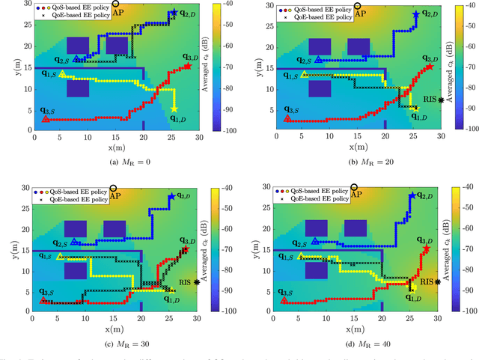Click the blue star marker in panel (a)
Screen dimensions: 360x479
(x=174, y=13)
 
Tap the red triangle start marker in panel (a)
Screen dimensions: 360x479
(x=46, y=118)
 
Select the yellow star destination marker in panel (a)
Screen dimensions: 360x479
(x=174, y=109)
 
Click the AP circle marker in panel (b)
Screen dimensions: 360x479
(x=358, y=4)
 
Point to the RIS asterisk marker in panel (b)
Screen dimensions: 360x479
(x=441, y=100)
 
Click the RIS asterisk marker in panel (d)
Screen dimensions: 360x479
(x=437, y=282)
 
